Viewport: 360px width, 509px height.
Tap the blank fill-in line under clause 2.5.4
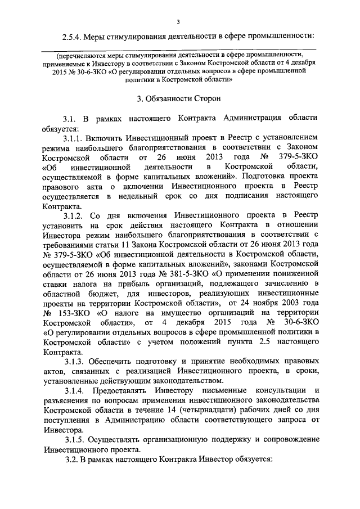[179, 49]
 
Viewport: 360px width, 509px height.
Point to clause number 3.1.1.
[75, 137]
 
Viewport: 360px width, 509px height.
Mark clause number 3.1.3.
[75, 361]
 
